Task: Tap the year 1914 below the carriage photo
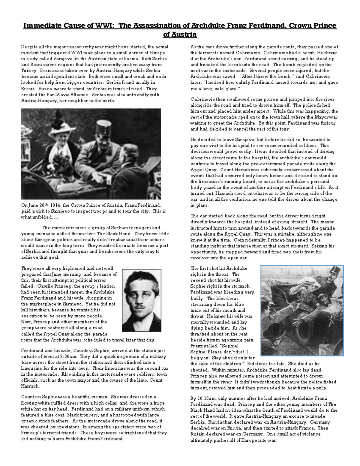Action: pyautogui.click(x=57, y=205)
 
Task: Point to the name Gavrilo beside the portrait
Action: pyautogui.click(x=29, y=286)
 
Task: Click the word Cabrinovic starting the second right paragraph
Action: pyautogui.click(x=202, y=99)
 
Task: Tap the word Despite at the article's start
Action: pyautogui.click(x=29, y=47)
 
